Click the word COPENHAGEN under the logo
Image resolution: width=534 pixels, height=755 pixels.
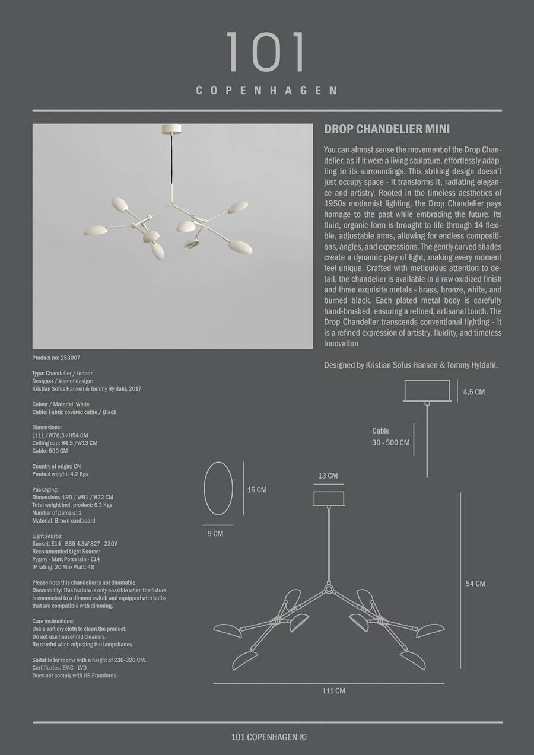(266, 91)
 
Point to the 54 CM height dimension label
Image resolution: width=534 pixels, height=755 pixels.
(475, 584)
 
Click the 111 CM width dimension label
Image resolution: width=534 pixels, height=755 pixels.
(333, 690)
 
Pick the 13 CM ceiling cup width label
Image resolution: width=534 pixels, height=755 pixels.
(328, 476)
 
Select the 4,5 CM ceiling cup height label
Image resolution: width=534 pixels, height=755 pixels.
(474, 392)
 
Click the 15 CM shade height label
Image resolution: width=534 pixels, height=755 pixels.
(257, 490)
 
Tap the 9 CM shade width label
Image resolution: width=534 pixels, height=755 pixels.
(215, 534)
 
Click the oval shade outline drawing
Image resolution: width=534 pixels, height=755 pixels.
(218, 489)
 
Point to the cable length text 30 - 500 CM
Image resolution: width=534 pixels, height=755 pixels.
(390, 443)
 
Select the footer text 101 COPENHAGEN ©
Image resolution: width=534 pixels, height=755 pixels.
(269, 737)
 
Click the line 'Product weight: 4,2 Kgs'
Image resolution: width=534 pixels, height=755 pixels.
(60, 474)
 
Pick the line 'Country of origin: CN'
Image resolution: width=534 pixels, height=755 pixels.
(58, 466)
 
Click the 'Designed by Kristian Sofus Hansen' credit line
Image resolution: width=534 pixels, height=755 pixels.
(411, 365)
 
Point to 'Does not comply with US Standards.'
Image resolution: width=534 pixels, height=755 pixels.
(75, 675)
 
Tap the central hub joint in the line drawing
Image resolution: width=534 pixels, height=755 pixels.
(328, 590)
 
